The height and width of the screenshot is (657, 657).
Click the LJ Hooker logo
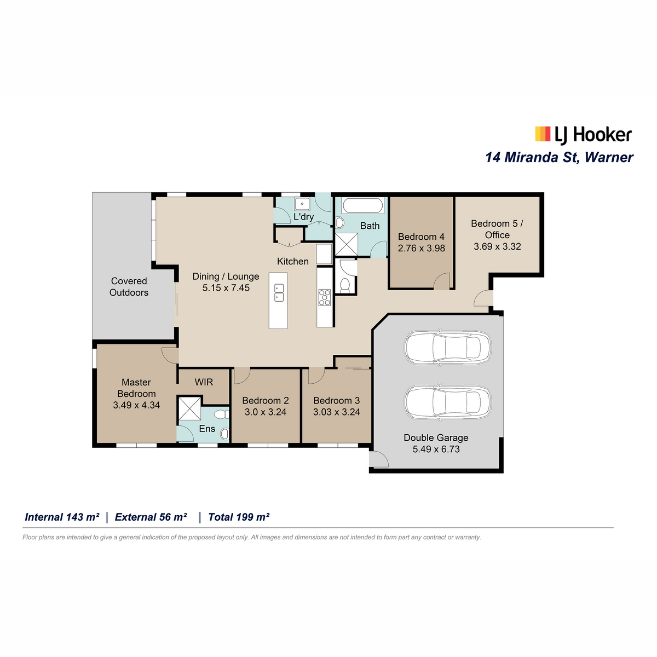click(583, 134)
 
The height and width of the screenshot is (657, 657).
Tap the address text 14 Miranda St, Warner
click(559, 158)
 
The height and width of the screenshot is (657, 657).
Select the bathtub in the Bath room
click(362, 206)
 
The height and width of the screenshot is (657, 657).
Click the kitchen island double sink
click(279, 292)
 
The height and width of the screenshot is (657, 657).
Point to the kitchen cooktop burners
click(324, 297)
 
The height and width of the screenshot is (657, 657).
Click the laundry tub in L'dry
click(302, 204)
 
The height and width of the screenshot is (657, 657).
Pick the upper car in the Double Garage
click(447, 347)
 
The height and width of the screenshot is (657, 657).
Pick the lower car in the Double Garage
click(447, 402)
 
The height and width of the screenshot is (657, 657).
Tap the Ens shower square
click(189, 408)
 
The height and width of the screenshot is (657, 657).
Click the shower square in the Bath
click(347, 244)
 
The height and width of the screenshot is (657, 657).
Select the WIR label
click(204, 382)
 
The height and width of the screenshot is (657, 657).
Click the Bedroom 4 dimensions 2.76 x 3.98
click(422, 248)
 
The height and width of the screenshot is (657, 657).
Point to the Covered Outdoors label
click(129, 287)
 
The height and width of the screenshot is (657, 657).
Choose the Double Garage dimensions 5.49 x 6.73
click(436, 449)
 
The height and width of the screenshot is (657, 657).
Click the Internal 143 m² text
click(62, 517)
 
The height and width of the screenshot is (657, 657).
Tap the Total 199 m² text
click(239, 517)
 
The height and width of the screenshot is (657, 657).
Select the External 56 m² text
click(151, 517)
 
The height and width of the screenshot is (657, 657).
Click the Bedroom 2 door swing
click(242, 376)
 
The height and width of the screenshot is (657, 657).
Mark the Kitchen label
click(293, 262)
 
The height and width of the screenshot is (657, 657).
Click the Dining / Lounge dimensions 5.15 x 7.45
click(226, 288)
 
